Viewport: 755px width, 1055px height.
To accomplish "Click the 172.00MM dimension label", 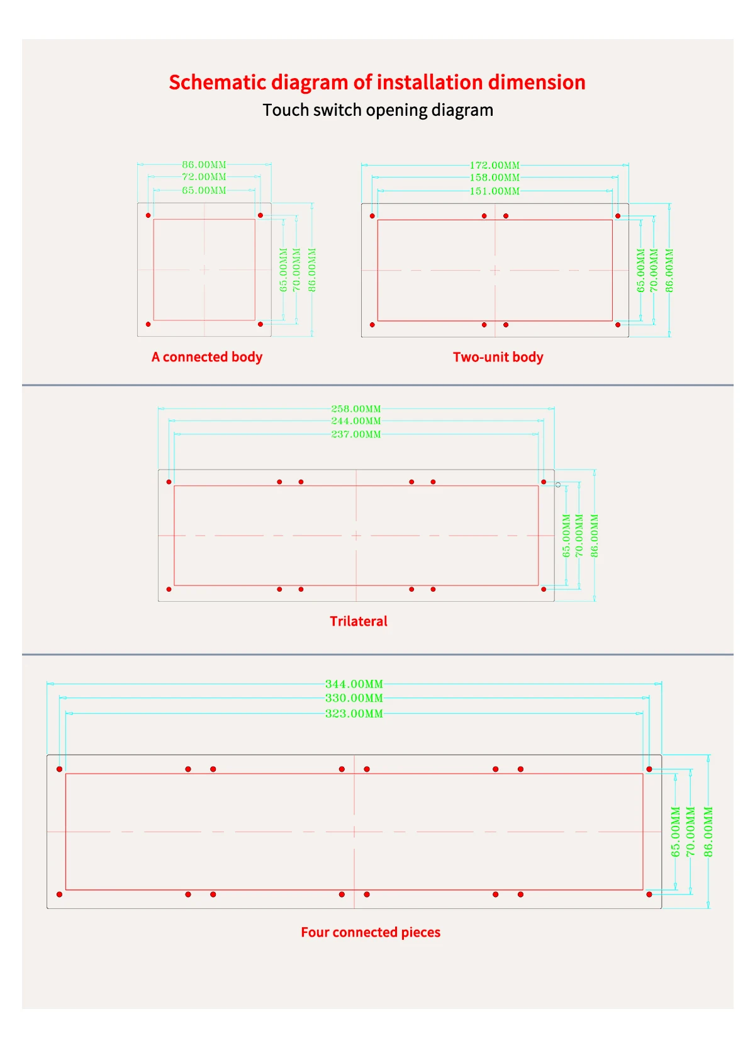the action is pyautogui.click(x=495, y=166).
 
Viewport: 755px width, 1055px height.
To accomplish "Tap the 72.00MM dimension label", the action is pyautogui.click(x=204, y=177).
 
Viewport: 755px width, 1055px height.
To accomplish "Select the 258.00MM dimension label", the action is pyautogui.click(x=356, y=409).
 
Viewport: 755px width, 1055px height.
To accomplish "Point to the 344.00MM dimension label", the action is pyautogui.click(x=354, y=684).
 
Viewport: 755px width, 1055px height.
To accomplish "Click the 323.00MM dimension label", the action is pyautogui.click(x=354, y=714).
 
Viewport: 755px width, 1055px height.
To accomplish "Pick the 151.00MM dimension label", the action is pyautogui.click(x=495, y=191).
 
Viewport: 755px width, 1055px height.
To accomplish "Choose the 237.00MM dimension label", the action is pyautogui.click(x=356, y=434).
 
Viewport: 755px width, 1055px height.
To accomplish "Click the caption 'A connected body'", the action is pyautogui.click(x=207, y=357).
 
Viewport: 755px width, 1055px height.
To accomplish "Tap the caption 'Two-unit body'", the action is pyautogui.click(x=498, y=357).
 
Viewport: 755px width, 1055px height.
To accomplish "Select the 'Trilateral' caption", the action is pyautogui.click(x=359, y=621).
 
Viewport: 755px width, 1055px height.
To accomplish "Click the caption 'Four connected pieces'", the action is pyautogui.click(x=371, y=932).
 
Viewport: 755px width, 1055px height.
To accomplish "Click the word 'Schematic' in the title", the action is pyautogui.click(x=217, y=82).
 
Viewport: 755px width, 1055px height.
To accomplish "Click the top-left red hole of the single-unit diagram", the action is pyautogui.click(x=148, y=215).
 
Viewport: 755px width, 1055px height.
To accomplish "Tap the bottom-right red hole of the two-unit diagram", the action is pyautogui.click(x=618, y=325).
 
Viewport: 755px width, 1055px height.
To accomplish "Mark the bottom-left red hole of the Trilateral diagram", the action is pyautogui.click(x=169, y=589).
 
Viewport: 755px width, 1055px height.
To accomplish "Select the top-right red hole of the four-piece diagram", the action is pyautogui.click(x=649, y=769).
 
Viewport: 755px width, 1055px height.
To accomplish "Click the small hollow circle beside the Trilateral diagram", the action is pyautogui.click(x=558, y=485).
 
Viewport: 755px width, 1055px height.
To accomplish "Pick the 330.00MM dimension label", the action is pyautogui.click(x=354, y=698).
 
